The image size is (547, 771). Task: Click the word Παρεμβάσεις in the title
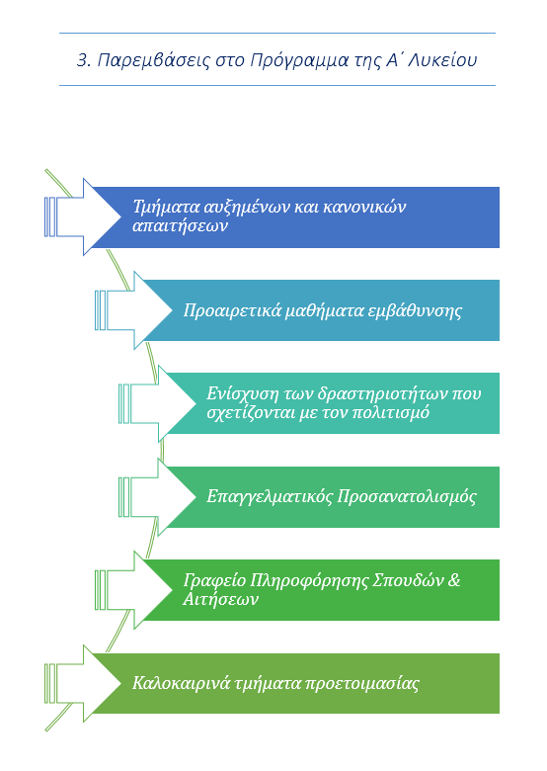(154, 60)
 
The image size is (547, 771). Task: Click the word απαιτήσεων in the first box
(181, 225)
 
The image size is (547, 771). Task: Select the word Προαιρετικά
(232, 310)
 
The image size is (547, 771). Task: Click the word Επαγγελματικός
(270, 496)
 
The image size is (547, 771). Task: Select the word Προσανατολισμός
(407, 496)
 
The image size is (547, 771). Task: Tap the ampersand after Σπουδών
(455, 579)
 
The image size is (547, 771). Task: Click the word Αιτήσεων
(220, 599)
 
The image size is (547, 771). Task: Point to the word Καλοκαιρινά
(182, 683)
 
